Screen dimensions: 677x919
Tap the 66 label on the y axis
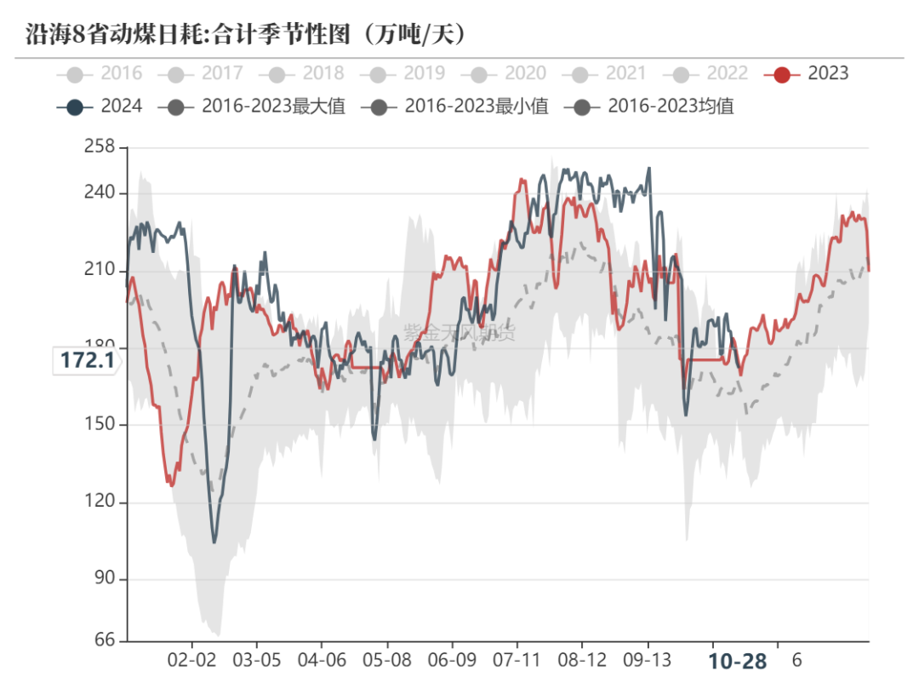click(104, 640)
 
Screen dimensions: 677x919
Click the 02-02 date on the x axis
click(191, 660)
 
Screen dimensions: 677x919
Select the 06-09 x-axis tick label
click(452, 660)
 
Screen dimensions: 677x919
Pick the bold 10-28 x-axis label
click(738, 661)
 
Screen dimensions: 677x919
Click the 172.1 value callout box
click(87, 361)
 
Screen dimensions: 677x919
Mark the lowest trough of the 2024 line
click(214, 542)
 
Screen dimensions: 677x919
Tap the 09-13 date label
click(648, 660)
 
